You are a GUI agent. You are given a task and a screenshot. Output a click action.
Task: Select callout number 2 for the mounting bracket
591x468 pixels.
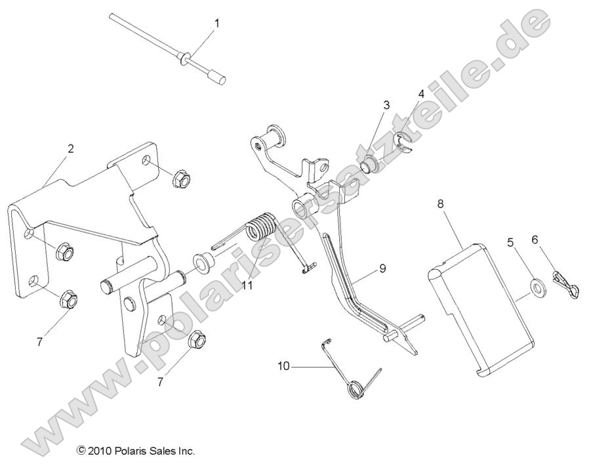70,148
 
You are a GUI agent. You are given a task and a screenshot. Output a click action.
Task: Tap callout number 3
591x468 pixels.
386,105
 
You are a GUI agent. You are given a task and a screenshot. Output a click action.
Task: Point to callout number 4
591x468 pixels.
421,94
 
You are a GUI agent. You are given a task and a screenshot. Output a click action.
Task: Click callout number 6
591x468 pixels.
535,240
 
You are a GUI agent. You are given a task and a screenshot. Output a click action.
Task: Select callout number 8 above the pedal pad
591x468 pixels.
440,204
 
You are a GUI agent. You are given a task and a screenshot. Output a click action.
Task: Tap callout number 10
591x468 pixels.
283,367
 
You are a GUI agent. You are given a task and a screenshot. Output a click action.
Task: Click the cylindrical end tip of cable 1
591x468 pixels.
216,78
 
